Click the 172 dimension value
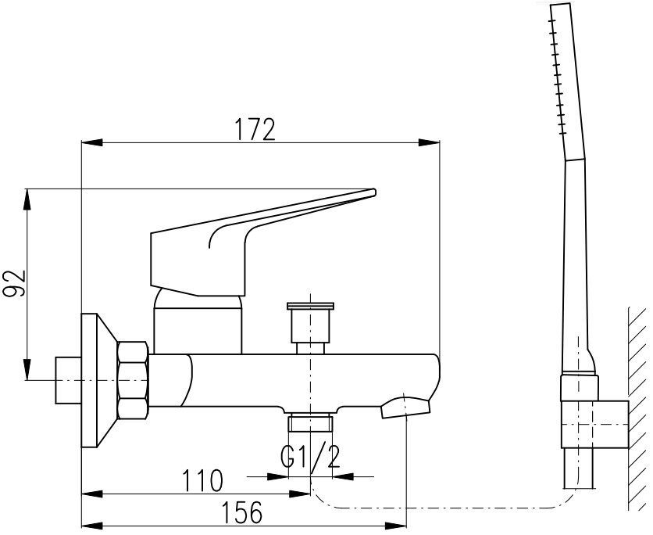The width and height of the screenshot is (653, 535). pyautogui.click(x=255, y=130)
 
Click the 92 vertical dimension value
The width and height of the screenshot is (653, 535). pyautogui.click(x=15, y=284)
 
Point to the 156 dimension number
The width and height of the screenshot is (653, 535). pyautogui.click(x=242, y=512)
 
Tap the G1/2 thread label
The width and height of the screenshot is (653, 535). pyautogui.click(x=310, y=457)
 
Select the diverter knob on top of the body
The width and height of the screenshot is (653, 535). pyautogui.click(x=311, y=328)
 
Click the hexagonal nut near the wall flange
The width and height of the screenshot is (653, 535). pyautogui.click(x=133, y=381)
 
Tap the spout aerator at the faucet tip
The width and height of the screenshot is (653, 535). pyautogui.click(x=405, y=408)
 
